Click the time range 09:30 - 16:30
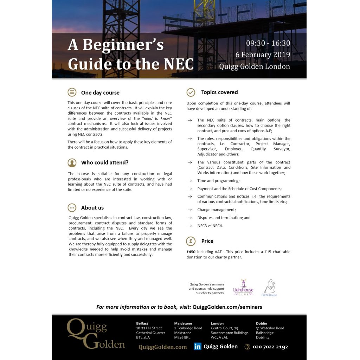coord(268,43)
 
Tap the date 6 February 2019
coord(263,55)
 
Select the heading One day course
coord(100,93)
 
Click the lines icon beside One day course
coord(72,92)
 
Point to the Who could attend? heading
coord(105,162)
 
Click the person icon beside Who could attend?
coord(72,162)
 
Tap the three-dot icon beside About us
coord(72,207)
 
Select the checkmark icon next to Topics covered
coord(191,92)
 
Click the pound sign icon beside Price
coord(191,241)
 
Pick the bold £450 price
coord(191,252)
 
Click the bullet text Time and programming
coord(218,181)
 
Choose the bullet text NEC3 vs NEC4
coord(210,226)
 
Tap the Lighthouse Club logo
coord(243,287)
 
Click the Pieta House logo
coord(269,288)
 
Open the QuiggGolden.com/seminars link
coord(227,307)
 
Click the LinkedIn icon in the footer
coord(198,347)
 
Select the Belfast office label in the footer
coord(142,323)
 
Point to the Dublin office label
coord(261,323)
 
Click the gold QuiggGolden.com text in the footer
coord(162,347)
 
